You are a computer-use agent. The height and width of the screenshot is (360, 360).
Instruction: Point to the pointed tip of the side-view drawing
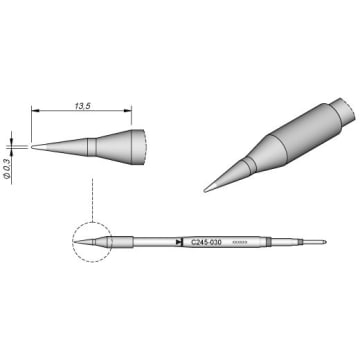pyautogui.click(x=34, y=146)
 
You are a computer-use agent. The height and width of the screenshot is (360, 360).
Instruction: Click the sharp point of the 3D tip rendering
pyautogui.click(x=206, y=189)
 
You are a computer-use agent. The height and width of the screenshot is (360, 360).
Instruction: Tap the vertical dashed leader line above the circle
pyautogui.click(x=91, y=195)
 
